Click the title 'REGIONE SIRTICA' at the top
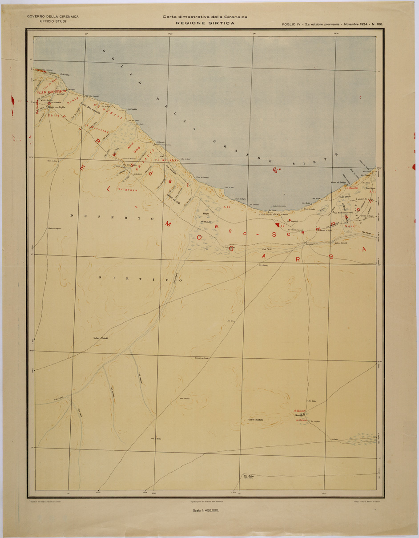click(205, 23)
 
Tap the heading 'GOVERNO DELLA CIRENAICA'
click(53, 16)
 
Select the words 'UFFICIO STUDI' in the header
click(53, 21)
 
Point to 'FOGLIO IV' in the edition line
click(292, 24)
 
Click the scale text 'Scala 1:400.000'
click(205, 510)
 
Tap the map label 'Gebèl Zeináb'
click(101, 338)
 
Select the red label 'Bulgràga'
click(126, 190)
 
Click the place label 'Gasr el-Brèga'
click(339, 183)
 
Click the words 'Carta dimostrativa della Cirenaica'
click(205, 17)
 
